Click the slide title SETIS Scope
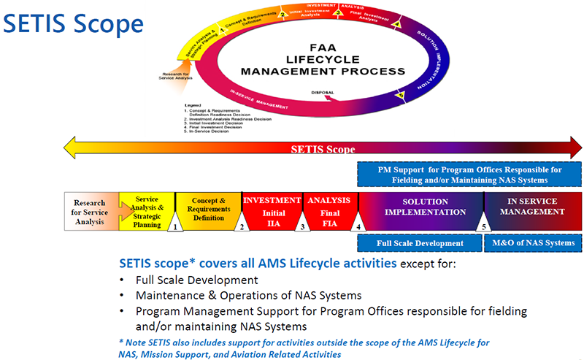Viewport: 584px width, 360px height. point(72,23)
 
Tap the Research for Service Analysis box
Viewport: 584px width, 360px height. point(90,212)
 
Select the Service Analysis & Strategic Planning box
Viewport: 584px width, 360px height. point(147,210)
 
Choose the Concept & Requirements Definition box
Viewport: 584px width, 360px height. point(207,208)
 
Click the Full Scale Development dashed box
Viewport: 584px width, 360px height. point(420,243)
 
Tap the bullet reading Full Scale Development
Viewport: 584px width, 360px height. point(196,280)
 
